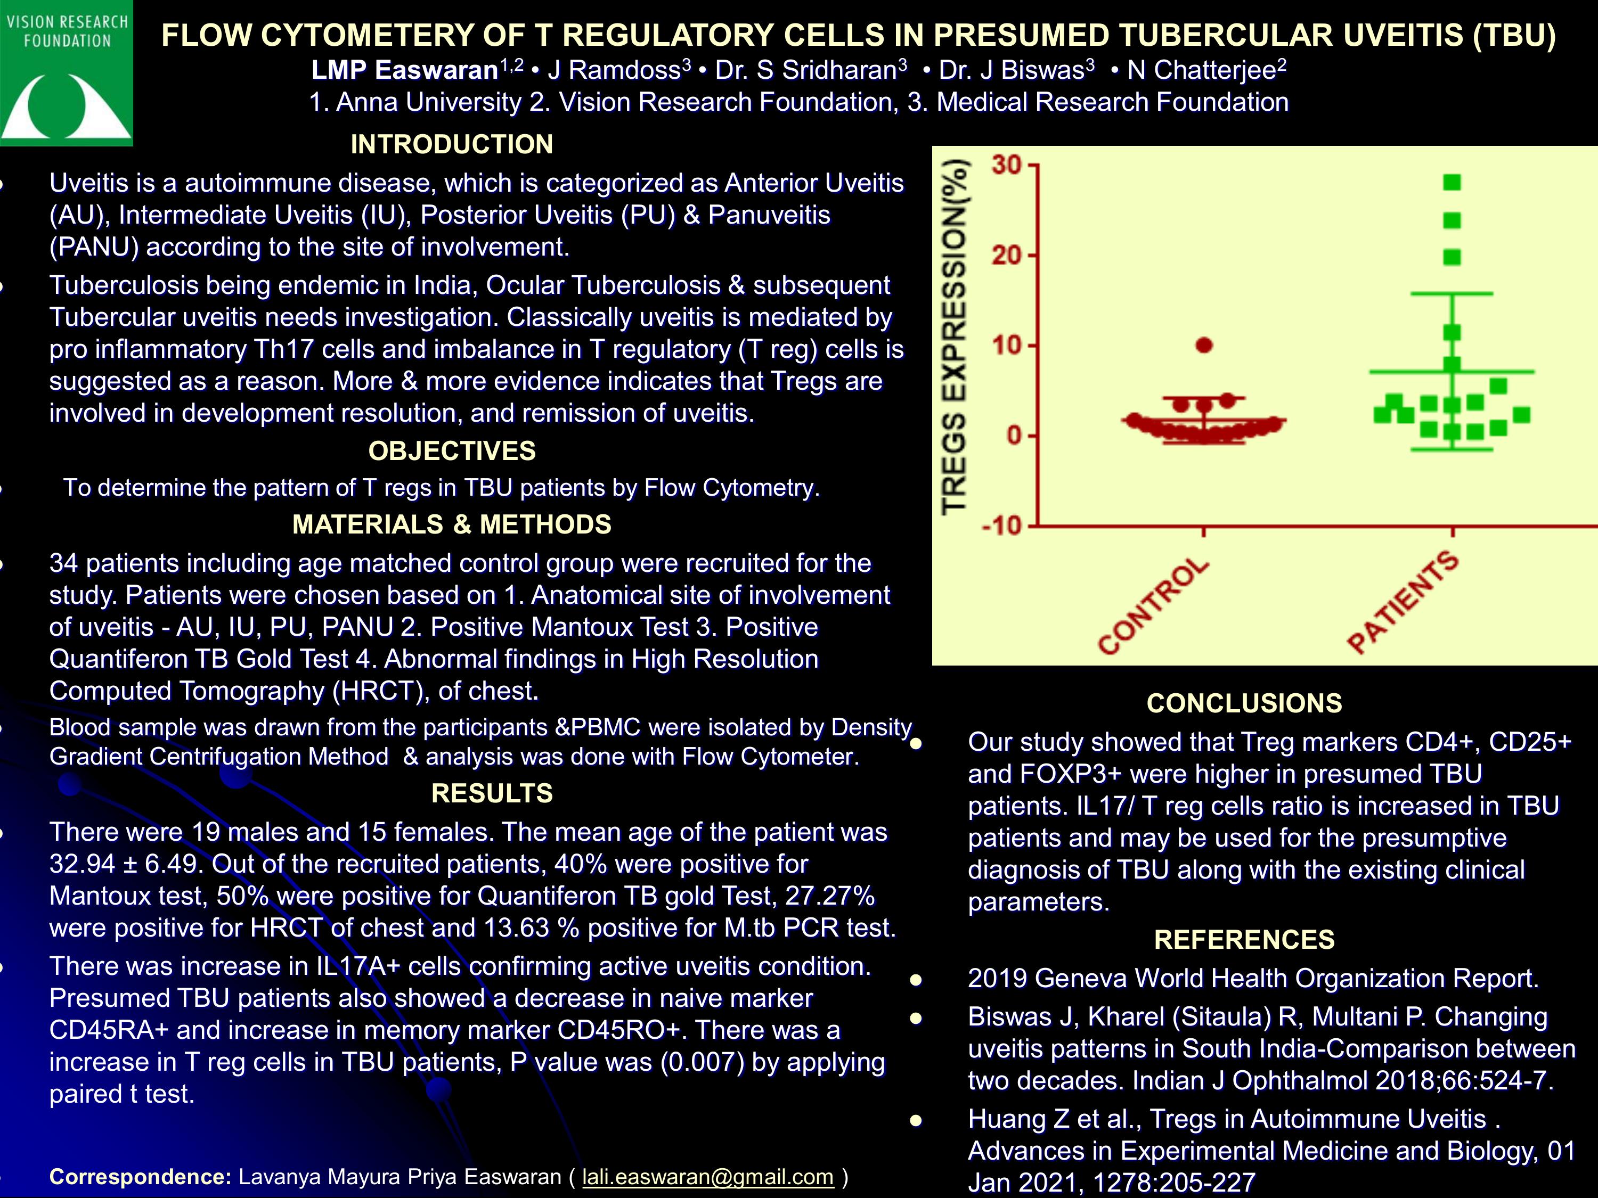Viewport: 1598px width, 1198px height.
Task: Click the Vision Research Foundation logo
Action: click(x=67, y=73)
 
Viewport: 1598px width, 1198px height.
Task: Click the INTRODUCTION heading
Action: click(x=452, y=144)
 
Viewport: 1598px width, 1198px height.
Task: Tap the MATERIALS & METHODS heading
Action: click(x=452, y=524)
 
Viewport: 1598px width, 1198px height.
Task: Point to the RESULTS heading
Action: click(x=492, y=794)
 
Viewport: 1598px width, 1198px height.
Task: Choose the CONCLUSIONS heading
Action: click(x=1244, y=703)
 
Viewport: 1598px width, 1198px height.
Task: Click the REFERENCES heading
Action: click(x=1244, y=939)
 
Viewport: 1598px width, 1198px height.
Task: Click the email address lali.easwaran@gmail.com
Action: click(x=708, y=1177)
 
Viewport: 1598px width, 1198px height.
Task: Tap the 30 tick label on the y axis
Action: click(x=1006, y=166)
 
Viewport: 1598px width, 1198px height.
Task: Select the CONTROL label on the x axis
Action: click(x=1153, y=606)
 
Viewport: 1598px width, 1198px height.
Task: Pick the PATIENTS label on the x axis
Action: click(x=1402, y=602)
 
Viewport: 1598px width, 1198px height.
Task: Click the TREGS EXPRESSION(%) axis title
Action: click(x=955, y=336)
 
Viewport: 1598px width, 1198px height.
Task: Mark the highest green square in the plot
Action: click(x=1452, y=183)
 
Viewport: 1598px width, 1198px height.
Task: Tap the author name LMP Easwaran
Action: click(x=404, y=70)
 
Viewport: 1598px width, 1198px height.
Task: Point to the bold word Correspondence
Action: click(x=140, y=1177)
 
